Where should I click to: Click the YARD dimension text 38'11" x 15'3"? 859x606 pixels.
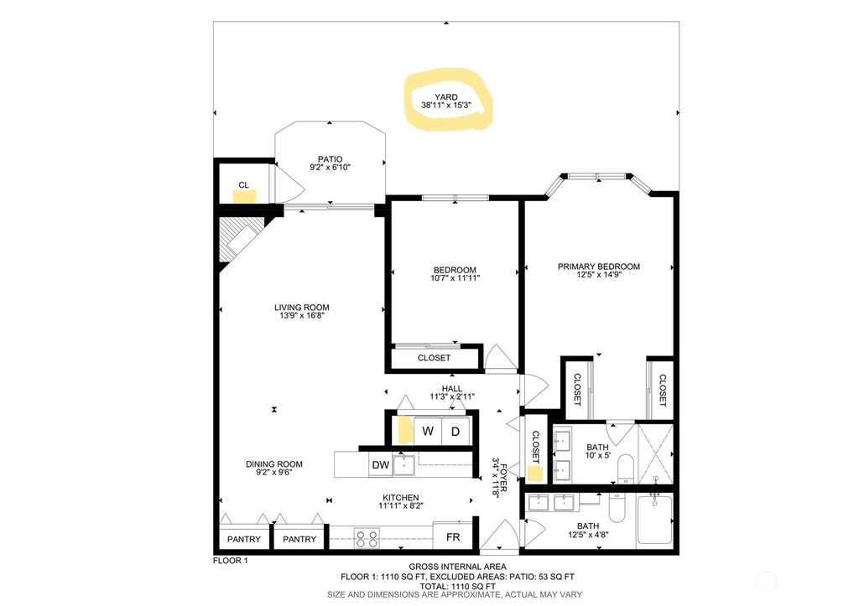pyautogui.click(x=446, y=106)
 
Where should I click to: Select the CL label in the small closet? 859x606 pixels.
pyautogui.click(x=243, y=184)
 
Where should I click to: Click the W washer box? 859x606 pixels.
pyautogui.click(x=428, y=432)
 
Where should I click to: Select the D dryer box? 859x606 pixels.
pyautogui.click(x=456, y=432)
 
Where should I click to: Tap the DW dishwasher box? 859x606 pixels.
pyautogui.click(x=379, y=464)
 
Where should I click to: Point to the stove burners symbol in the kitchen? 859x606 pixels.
pyautogui.click(x=367, y=537)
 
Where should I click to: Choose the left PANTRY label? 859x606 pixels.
pyautogui.click(x=244, y=539)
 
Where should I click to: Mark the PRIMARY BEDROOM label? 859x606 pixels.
pyautogui.click(x=598, y=267)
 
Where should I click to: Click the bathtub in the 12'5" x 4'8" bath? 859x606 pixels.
pyautogui.click(x=654, y=519)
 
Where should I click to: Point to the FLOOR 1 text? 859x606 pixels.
pyautogui.click(x=231, y=560)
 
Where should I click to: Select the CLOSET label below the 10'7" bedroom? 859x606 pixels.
pyautogui.click(x=434, y=358)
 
